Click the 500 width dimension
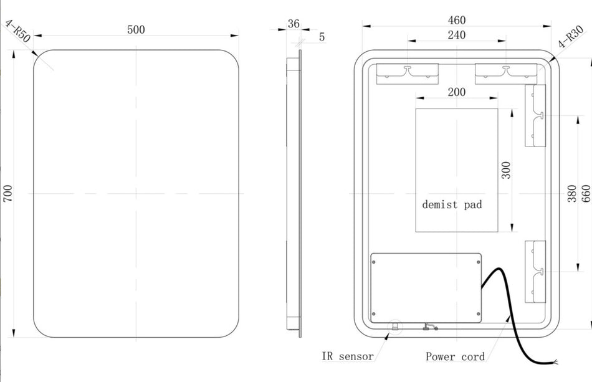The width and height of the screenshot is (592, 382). point(136,29)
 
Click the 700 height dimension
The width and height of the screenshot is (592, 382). point(7,193)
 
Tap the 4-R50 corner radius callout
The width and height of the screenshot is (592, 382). point(17,31)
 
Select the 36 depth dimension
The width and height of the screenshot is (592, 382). point(294,24)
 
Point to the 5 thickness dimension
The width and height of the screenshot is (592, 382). point(322,37)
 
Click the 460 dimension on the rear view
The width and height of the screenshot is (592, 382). point(456,20)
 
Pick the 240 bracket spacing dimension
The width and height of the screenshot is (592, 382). point(456,35)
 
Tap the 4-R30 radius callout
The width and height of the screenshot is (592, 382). point(571,37)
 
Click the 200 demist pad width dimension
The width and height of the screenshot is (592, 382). point(456,92)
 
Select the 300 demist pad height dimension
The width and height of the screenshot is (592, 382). point(506,170)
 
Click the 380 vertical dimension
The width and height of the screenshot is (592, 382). point(572,193)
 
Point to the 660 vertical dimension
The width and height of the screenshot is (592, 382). point(586,193)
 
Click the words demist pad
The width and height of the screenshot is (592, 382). point(452,204)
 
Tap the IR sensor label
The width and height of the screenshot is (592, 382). point(348,356)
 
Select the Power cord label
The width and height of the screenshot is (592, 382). point(455,356)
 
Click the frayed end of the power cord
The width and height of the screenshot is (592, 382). point(555,363)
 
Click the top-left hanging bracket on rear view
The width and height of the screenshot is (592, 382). point(408,74)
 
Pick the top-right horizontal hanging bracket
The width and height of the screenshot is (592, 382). point(506,74)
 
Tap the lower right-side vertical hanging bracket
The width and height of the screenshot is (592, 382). point(535,272)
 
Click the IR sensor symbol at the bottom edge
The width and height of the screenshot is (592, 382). point(395,327)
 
